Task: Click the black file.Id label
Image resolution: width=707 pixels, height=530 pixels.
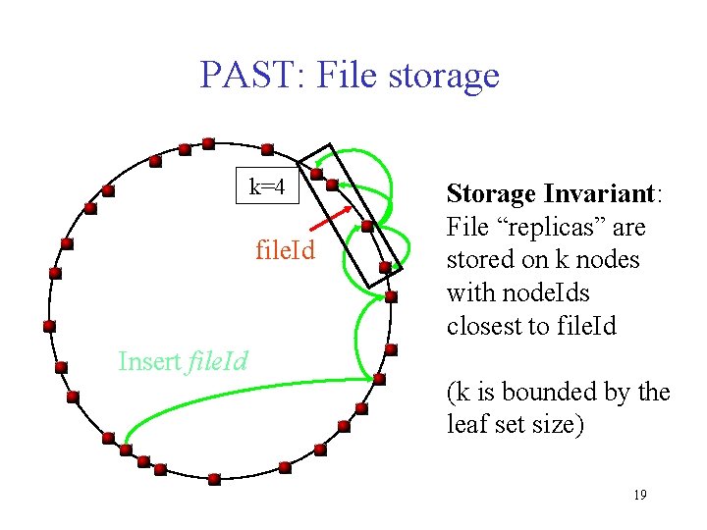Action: point(285,251)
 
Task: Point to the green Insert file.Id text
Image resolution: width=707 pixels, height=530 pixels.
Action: point(183,361)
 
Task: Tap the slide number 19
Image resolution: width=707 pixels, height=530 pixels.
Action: point(639,495)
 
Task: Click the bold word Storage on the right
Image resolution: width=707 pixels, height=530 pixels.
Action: point(490,193)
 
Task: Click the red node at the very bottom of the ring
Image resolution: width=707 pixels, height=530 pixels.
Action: point(215,477)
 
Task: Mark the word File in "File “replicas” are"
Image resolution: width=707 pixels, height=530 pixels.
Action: point(465,227)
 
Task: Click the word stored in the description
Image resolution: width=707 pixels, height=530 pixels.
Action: point(477,260)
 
